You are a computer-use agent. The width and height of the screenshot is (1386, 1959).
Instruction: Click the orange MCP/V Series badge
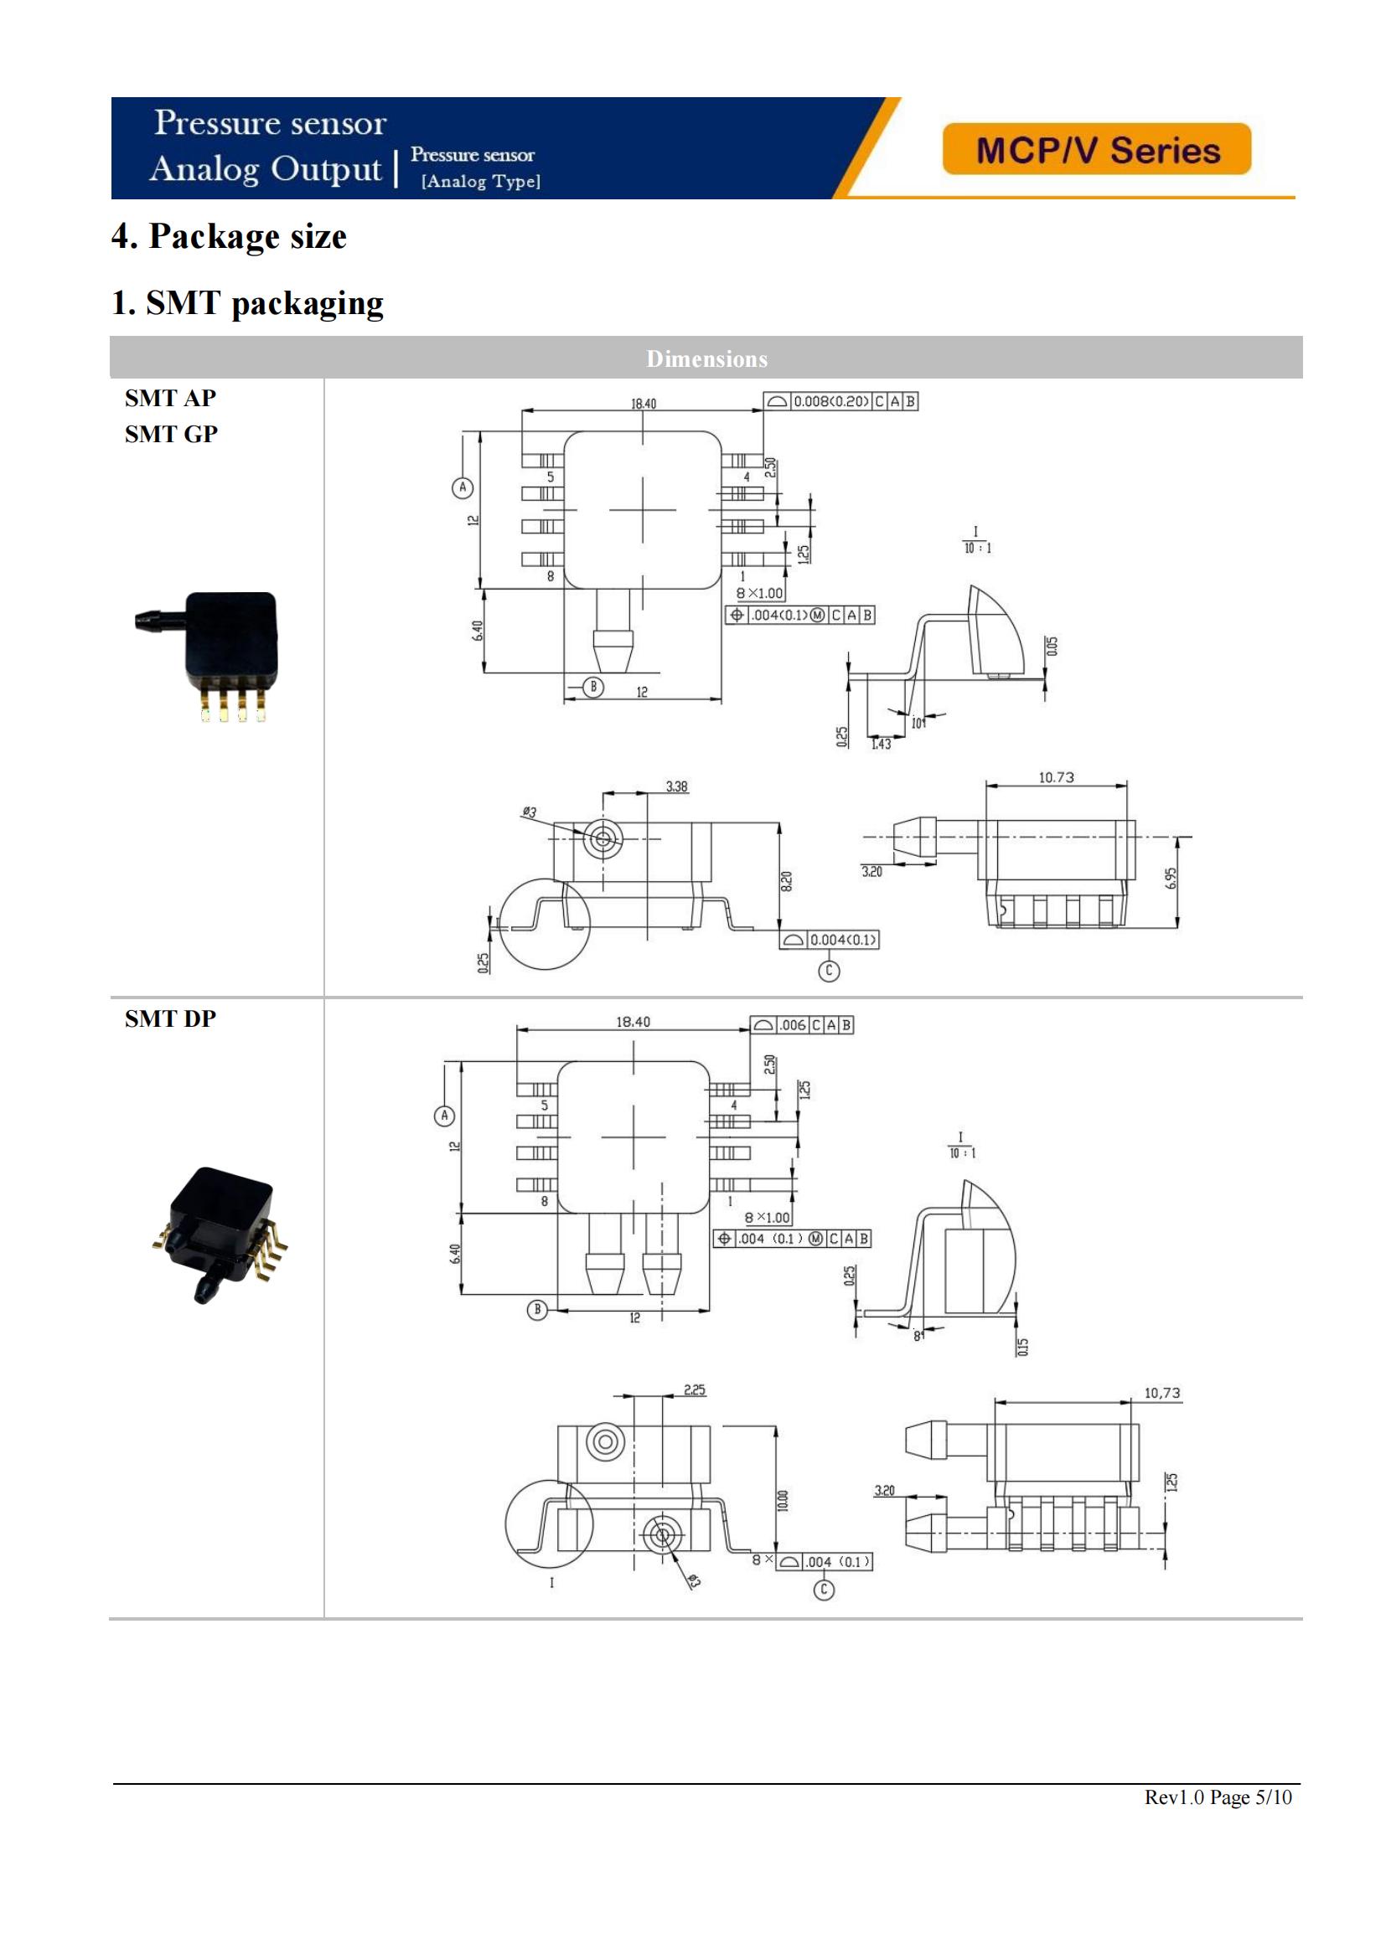[x=1096, y=149]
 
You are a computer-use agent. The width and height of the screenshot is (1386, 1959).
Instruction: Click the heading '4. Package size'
[x=229, y=236]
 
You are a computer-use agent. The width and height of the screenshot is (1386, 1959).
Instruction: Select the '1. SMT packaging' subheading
[x=247, y=303]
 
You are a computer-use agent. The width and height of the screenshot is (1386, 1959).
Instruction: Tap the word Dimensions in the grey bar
[x=706, y=358]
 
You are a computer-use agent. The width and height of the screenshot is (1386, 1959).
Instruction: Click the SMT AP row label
[x=171, y=398]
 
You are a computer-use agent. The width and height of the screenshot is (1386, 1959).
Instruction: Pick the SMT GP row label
[x=171, y=435]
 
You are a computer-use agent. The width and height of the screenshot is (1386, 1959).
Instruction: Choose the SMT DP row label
[x=171, y=1018]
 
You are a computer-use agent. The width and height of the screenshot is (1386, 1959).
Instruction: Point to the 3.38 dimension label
[x=677, y=786]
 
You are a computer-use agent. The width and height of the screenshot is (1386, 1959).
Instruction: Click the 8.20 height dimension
[x=786, y=880]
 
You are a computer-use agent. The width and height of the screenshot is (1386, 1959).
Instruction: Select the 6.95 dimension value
[x=1171, y=877]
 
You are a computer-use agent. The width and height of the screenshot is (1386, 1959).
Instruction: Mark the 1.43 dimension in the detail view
[x=881, y=744]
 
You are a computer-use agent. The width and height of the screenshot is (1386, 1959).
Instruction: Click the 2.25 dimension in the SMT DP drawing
[x=695, y=1390]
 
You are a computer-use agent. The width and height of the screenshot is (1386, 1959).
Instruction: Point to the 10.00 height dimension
[x=783, y=1501]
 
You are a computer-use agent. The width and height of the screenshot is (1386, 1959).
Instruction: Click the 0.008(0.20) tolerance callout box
[x=840, y=401]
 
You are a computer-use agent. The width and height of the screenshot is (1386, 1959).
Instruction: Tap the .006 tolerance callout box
[x=801, y=1024]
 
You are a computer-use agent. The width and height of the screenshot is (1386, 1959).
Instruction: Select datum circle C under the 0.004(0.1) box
[x=829, y=970]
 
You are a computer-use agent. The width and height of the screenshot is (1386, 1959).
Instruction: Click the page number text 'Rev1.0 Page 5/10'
[x=1218, y=1797]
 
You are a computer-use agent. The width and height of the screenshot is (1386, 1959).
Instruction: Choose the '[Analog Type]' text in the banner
[x=480, y=181]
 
